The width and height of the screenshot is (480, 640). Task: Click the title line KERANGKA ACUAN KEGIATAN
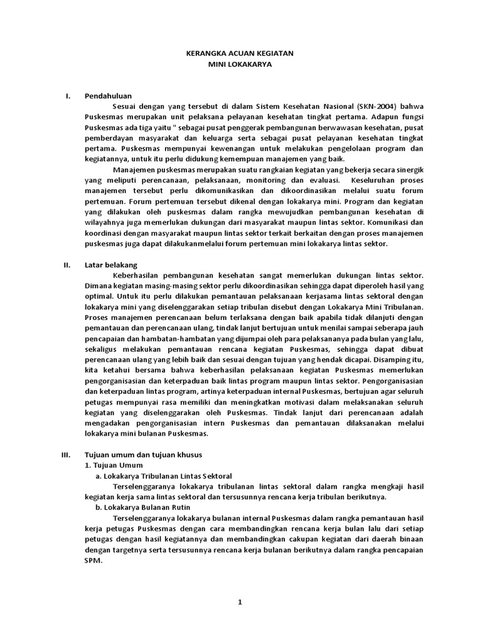(240, 54)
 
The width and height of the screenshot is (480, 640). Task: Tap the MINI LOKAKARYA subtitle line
(240, 64)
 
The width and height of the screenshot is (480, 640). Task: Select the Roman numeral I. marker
(68, 96)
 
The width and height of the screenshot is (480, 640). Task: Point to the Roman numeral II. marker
(67, 265)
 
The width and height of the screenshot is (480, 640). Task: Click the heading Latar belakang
(111, 265)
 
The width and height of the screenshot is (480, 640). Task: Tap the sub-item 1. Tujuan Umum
(114, 465)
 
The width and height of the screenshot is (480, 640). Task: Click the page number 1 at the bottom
(239, 602)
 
